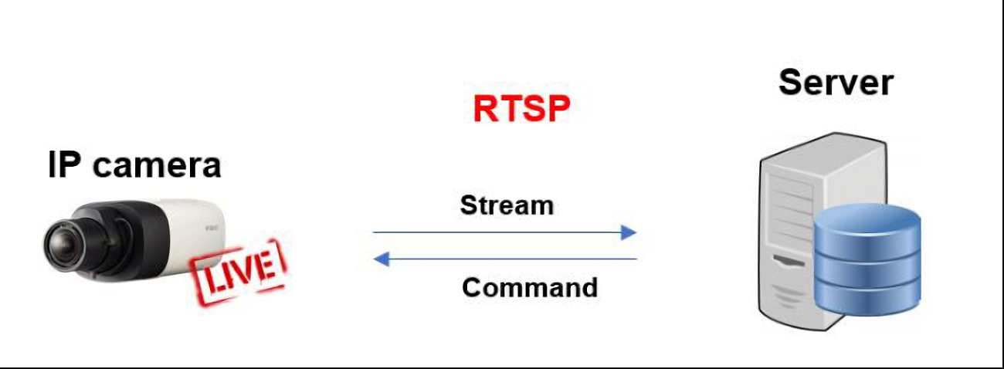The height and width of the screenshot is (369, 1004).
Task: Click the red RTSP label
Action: (521, 109)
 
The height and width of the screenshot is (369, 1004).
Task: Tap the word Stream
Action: (507, 205)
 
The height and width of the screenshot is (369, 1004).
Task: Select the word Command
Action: (530, 287)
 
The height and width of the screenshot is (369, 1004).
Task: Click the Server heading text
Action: (836, 82)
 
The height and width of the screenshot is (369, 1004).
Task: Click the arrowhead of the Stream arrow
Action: (629, 232)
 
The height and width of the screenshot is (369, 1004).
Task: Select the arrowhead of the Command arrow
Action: (380, 259)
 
